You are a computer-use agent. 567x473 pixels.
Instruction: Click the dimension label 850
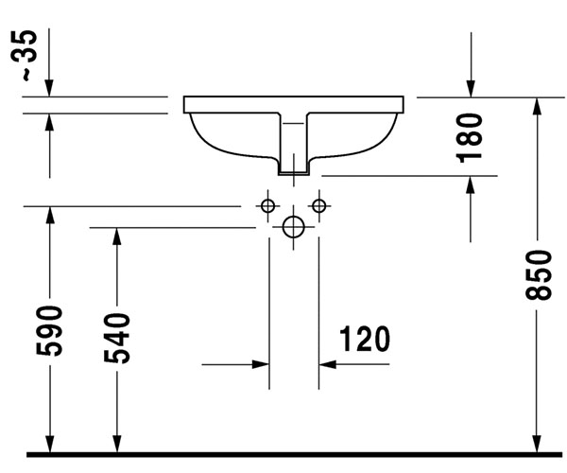click(x=539, y=275)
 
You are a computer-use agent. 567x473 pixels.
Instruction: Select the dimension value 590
click(x=49, y=331)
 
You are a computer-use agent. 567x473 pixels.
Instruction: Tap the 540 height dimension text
click(x=117, y=339)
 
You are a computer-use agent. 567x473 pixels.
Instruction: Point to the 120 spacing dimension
click(x=365, y=339)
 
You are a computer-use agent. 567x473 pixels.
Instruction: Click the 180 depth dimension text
click(x=470, y=138)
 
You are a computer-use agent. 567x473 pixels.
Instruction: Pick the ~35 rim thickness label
click(x=25, y=56)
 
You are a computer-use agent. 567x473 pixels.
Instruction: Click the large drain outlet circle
click(x=293, y=227)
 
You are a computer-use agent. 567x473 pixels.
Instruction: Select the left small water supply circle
click(x=268, y=206)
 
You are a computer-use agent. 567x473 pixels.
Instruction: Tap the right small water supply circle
click(x=319, y=206)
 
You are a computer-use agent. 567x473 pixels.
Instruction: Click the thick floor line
click(x=294, y=454)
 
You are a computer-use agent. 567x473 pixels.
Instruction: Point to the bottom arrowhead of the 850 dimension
click(x=538, y=443)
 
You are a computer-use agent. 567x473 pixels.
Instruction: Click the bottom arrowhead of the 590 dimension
click(x=49, y=443)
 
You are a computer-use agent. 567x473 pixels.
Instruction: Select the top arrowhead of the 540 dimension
click(x=116, y=237)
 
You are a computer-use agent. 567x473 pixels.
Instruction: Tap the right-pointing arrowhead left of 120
click(x=261, y=364)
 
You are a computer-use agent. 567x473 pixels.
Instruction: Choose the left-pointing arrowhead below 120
click(x=328, y=364)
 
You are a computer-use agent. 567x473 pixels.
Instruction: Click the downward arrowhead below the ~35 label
click(x=49, y=88)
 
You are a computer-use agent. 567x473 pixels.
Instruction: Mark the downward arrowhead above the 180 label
click(x=471, y=88)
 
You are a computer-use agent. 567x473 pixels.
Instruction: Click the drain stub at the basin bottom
click(x=293, y=166)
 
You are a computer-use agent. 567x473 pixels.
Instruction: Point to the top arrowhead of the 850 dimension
click(x=538, y=107)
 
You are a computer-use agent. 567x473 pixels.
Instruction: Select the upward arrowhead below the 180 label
click(x=471, y=185)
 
